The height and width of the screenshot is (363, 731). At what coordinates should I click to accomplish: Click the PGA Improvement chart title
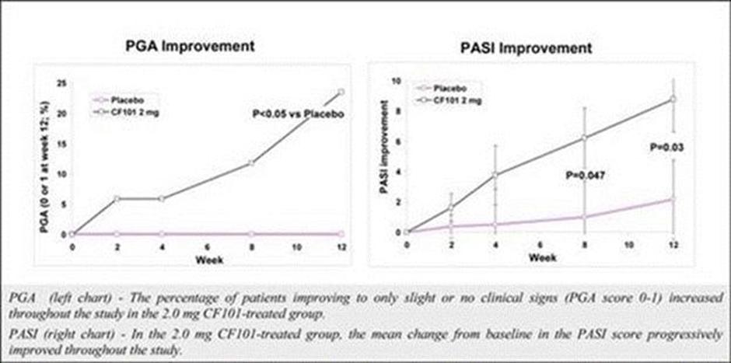191,46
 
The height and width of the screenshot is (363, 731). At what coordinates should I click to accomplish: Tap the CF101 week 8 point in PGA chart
251,163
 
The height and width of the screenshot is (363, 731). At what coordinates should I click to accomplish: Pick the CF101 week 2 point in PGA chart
117,198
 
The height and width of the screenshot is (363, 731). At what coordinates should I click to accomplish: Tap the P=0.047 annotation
586,176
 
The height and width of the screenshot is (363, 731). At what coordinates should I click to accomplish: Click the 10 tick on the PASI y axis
397,81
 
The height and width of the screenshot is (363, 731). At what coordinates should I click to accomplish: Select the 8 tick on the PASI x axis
584,245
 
